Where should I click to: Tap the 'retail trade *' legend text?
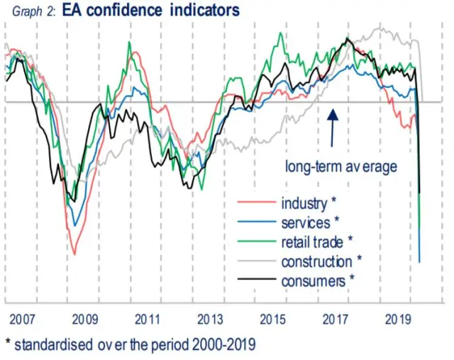317,242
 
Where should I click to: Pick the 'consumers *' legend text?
318,281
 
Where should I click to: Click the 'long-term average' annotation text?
340,167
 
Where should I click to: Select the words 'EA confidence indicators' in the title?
151,11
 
